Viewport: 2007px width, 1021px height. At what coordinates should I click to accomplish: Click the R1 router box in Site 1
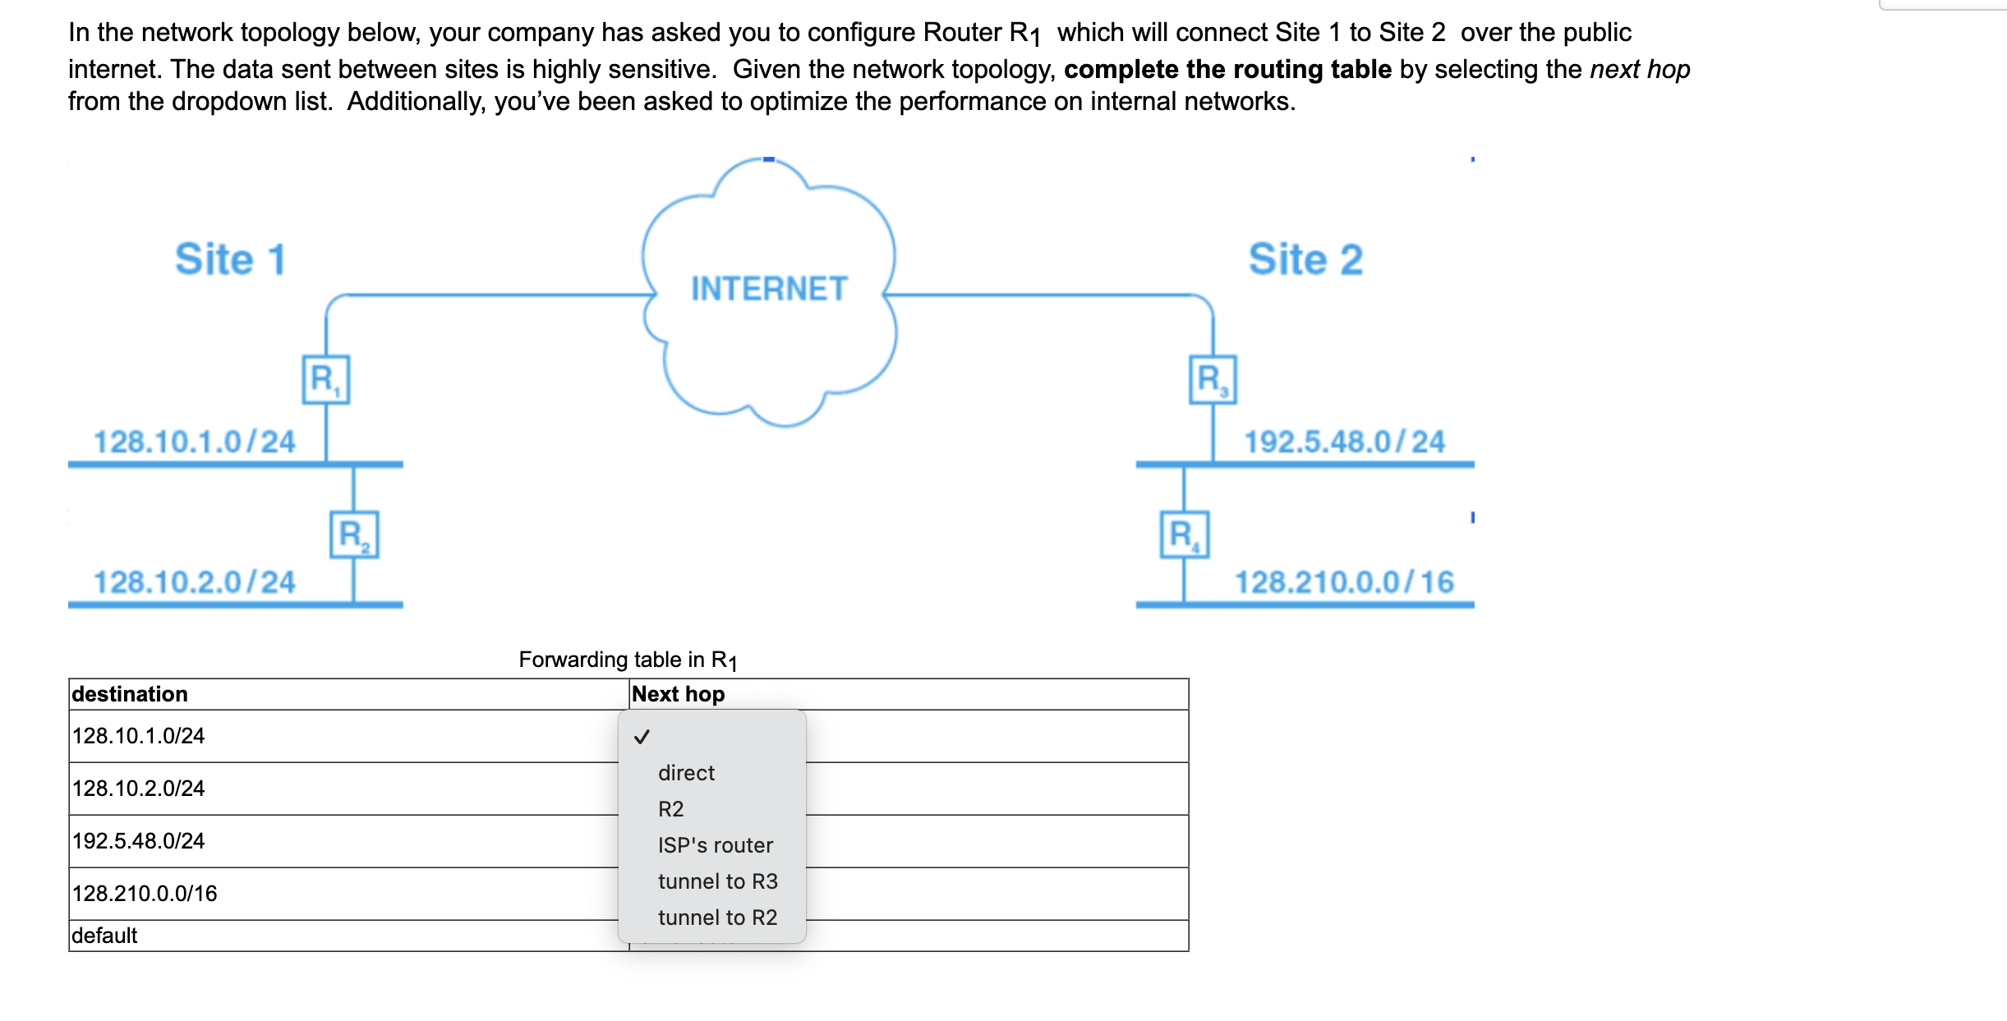[325, 379]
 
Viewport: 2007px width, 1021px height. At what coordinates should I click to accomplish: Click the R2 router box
[354, 535]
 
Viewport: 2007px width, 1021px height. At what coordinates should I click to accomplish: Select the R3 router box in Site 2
[1213, 379]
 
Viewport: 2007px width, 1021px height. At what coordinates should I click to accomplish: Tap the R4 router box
[1184, 535]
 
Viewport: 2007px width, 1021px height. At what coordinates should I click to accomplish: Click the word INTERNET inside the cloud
[768, 289]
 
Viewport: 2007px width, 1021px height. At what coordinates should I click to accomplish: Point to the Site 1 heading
[230, 260]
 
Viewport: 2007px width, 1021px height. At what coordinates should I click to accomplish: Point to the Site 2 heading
[1305, 260]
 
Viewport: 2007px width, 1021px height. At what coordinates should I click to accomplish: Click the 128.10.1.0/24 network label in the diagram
[194, 442]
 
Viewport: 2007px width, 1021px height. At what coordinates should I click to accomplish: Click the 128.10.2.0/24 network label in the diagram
[194, 582]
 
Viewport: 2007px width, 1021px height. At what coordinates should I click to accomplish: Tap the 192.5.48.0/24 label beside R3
[1344, 442]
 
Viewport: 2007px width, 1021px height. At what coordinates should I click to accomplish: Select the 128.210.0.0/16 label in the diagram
[1344, 582]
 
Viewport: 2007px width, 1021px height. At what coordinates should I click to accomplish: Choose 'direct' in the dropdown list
[686, 773]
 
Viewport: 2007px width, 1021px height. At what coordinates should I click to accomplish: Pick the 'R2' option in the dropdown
[670, 809]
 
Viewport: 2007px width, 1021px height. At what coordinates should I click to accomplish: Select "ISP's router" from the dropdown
[715, 845]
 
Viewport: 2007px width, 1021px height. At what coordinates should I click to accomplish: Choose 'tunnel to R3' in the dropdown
[717, 881]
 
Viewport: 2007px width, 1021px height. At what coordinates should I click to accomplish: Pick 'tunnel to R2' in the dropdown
[717, 918]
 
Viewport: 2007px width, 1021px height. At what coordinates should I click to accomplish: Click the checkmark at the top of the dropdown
[642, 737]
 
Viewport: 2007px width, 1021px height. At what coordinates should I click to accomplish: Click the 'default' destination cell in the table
[104, 936]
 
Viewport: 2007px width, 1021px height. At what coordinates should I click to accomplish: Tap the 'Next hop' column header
[678, 694]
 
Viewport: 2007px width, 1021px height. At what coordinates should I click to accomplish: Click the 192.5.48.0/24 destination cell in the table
[138, 841]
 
